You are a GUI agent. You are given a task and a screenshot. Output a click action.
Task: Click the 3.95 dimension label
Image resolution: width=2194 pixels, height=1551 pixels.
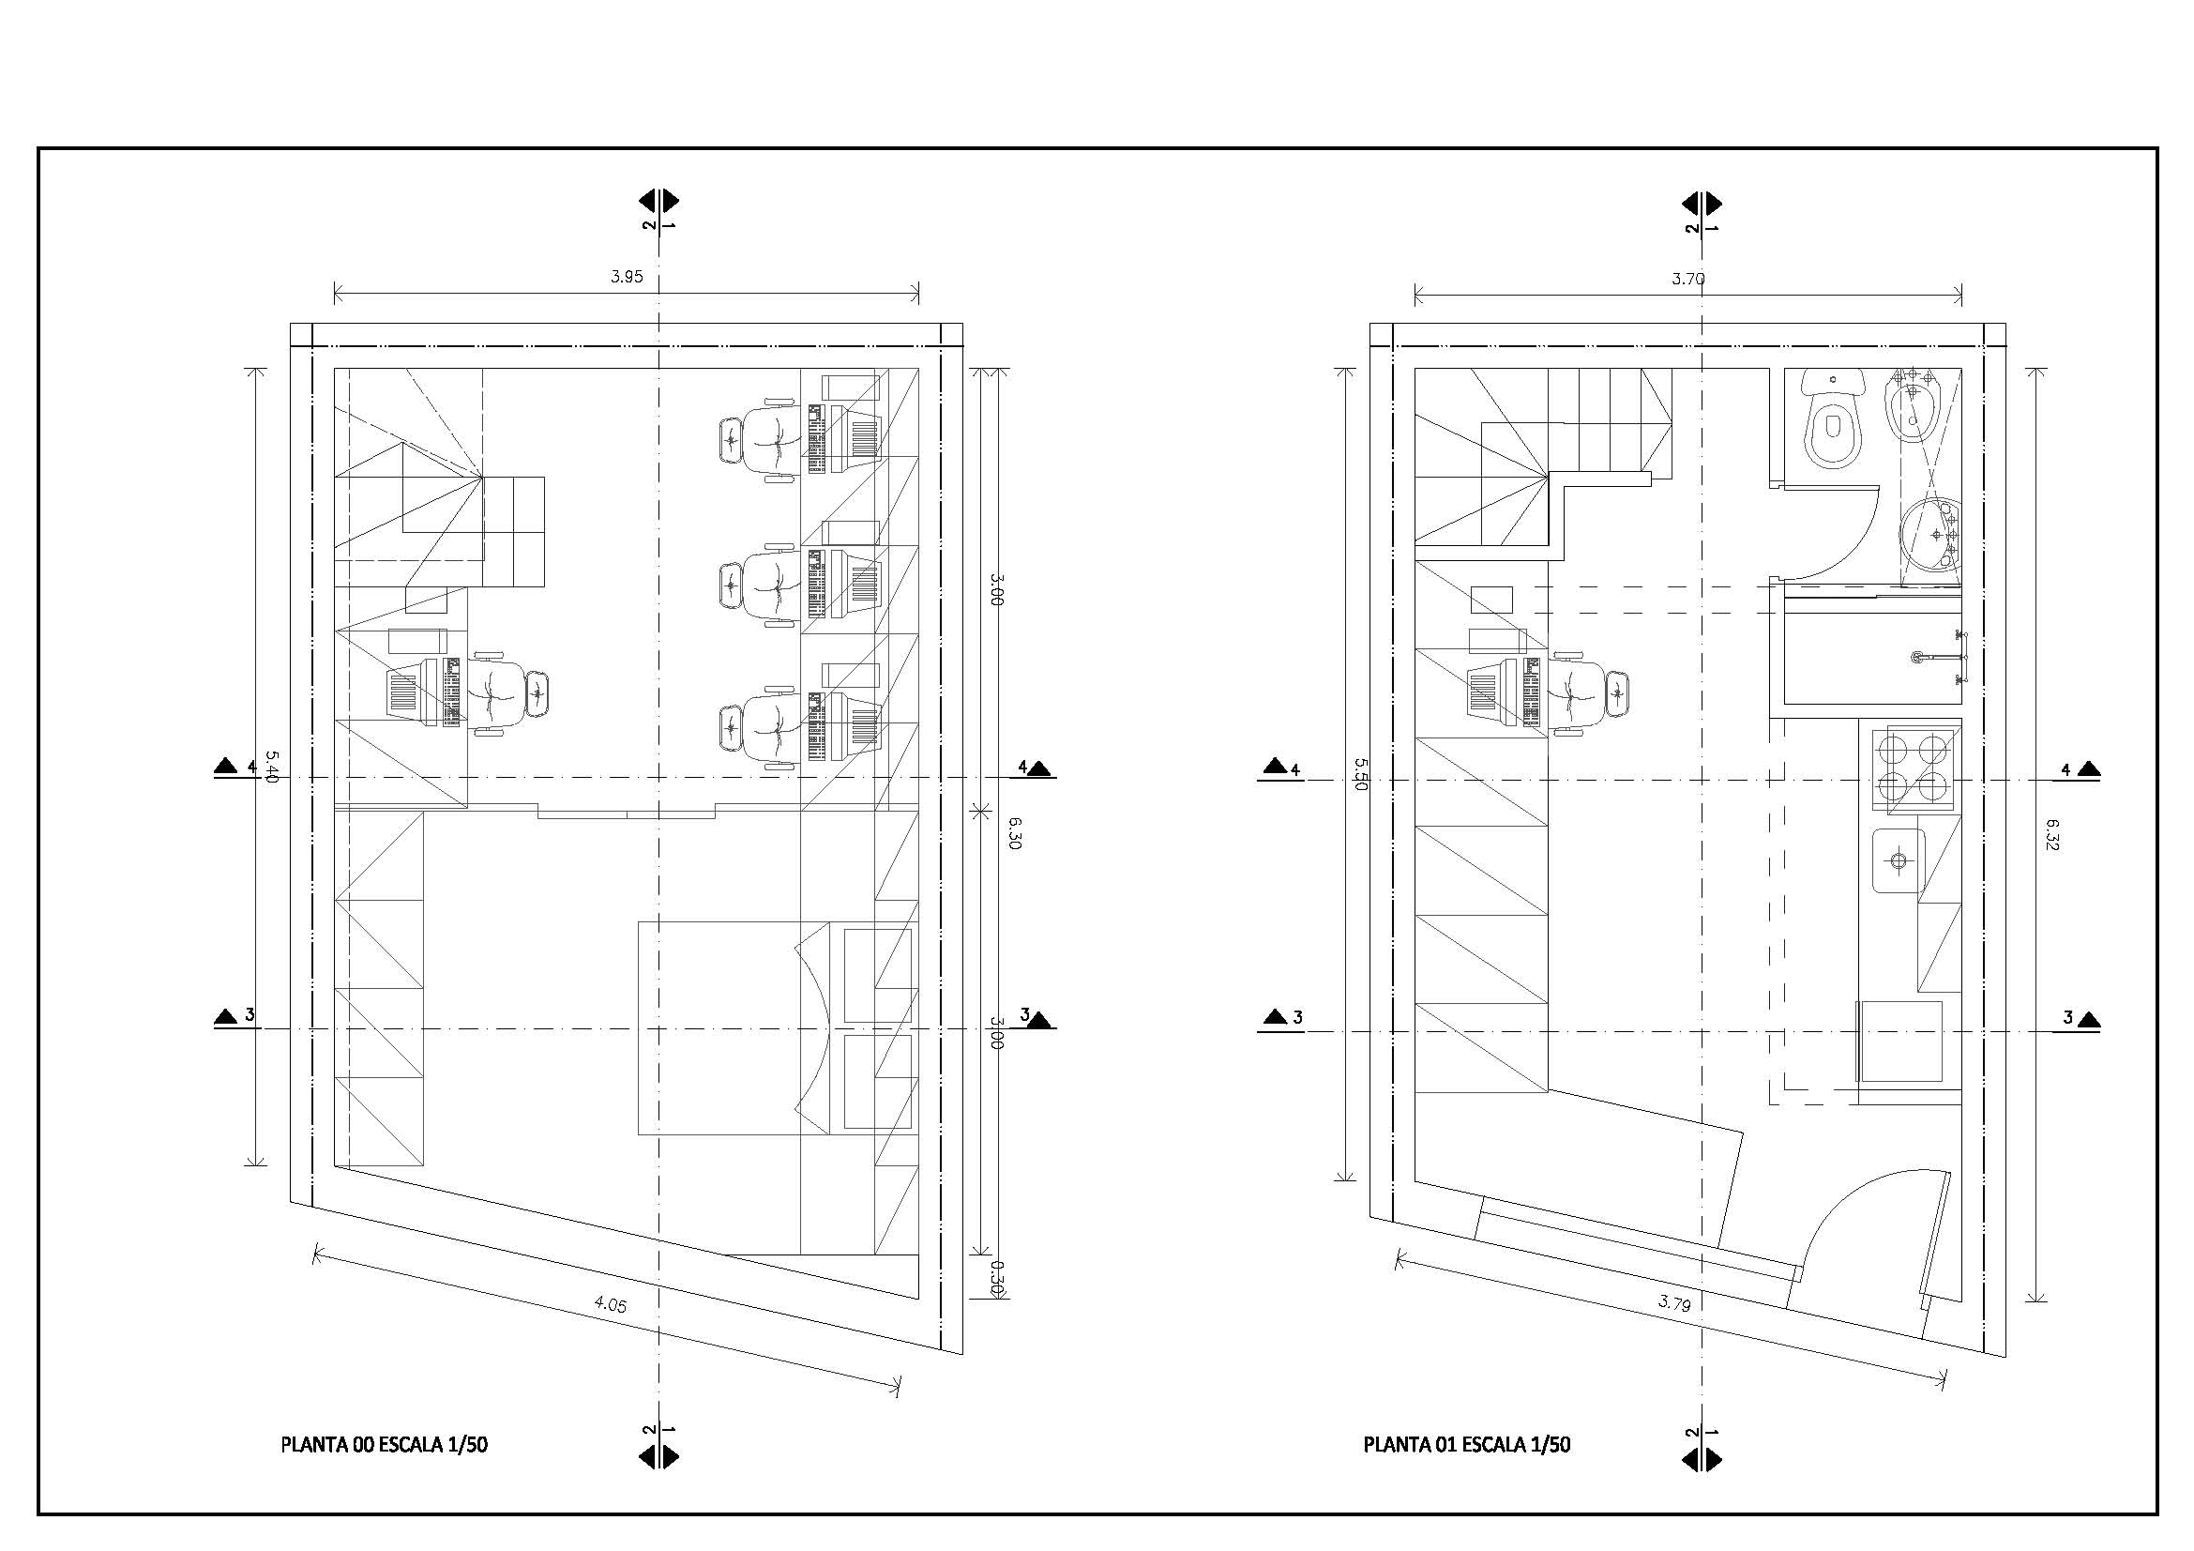click(627, 277)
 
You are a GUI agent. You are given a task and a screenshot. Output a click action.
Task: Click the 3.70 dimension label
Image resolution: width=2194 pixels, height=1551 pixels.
click(1688, 279)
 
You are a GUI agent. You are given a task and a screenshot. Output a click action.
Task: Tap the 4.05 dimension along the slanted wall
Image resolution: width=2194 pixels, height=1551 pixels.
click(610, 1303)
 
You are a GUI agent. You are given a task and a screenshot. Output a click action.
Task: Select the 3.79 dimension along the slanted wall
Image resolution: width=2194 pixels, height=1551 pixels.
click(1674, 1302)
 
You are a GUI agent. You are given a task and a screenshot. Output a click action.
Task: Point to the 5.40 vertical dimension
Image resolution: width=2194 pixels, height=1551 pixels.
click(271, 767)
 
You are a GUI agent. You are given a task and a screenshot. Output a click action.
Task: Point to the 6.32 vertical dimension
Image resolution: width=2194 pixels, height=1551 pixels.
click(2052, 833)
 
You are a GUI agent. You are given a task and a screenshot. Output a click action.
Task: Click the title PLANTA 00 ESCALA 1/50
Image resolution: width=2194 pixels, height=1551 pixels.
click(385, 1444)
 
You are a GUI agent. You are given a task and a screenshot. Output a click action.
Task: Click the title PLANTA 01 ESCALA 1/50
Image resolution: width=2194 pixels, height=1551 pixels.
click(1467, 1444)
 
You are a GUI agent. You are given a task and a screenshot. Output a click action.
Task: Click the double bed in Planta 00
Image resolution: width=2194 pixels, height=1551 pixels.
click(734, 1028)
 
